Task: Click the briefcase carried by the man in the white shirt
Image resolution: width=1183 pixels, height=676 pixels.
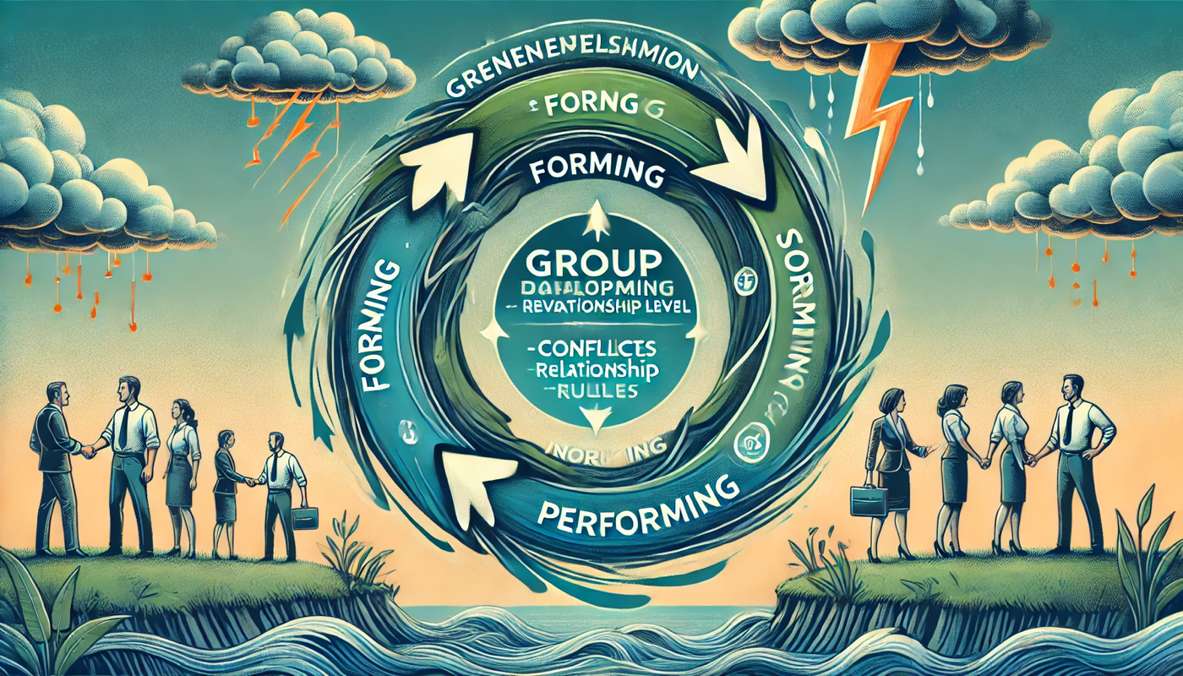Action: click(x=305, y=517)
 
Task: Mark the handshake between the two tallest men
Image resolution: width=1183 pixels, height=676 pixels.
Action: click(x=90, y=451)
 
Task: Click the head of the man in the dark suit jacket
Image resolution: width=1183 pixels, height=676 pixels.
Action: click(x=54, y=394)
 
